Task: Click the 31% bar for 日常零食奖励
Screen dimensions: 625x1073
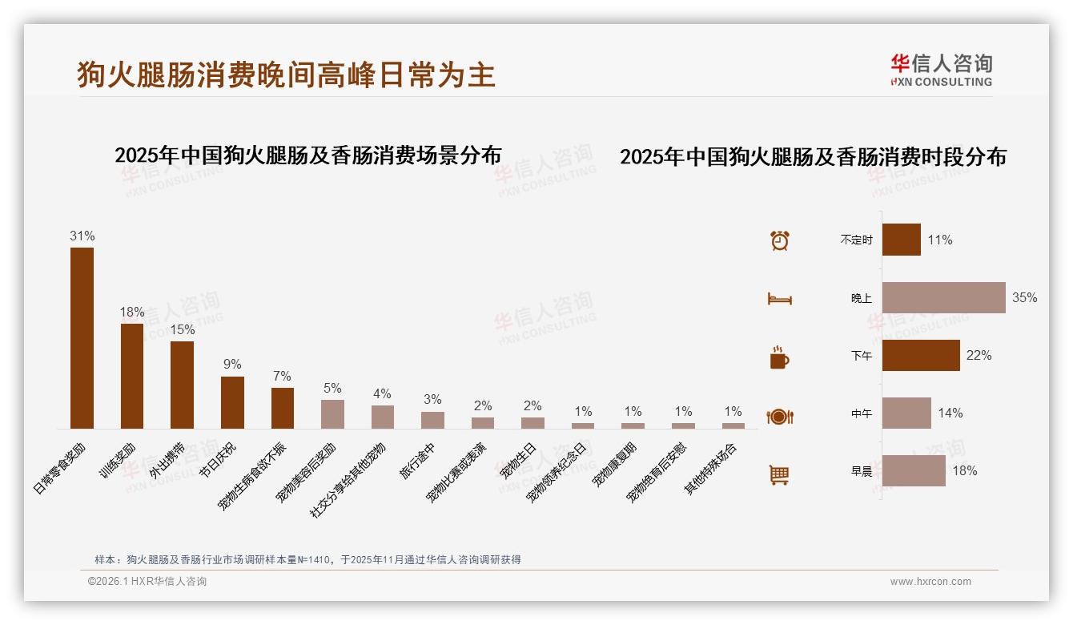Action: tap(82, 337)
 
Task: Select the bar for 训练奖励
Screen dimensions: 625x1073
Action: tap(132, 376)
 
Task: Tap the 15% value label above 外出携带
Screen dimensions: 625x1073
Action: tap(182, 329)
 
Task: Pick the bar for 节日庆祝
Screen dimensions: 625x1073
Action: tap(232, 402)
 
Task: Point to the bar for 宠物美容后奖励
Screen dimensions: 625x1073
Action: tap(332, 413)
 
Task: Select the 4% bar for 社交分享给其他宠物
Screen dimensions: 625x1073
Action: tap(383, 417)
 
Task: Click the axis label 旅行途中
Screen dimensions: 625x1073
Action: tap(417, 461)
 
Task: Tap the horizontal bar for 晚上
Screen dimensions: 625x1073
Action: tap(943, 297)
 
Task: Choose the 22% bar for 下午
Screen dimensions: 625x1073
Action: tap(921, 355)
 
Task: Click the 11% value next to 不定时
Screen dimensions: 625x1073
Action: tap(940, 240)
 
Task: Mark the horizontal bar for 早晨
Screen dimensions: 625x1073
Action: tap(914, 470)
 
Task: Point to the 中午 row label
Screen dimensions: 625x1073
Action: tap(862, 413)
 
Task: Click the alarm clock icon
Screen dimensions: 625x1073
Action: tap(780, 240)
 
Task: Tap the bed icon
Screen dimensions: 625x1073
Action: tap(780, 299)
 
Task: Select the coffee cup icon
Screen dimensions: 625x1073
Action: tap(779, 357)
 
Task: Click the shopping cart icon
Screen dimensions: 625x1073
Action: tap(779, 474)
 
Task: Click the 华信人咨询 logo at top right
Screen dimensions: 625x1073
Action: tap(941, 70)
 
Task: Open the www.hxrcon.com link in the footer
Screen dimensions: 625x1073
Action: tap(930, 582)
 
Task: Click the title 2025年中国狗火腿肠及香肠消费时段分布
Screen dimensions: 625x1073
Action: tap(813, 157)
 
